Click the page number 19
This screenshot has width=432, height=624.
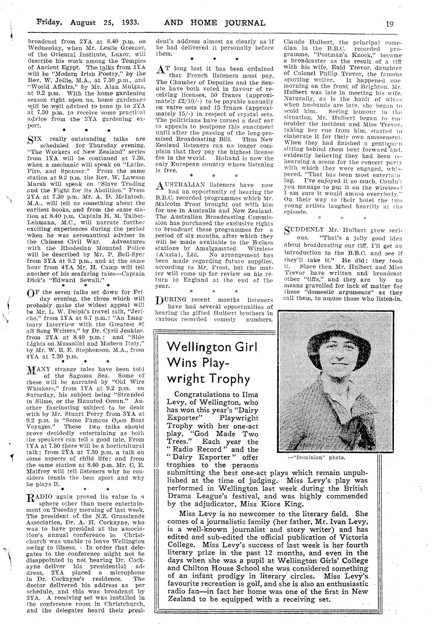390,23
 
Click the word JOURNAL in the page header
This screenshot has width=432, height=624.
245,23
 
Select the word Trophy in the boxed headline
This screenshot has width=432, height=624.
230,378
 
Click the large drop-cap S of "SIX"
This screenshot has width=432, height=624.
31,141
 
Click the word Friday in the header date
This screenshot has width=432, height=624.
49,22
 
